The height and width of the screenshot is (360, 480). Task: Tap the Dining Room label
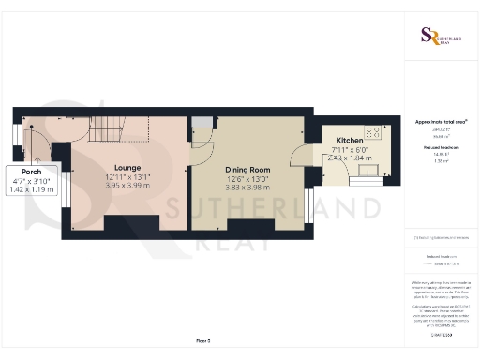(248, 169)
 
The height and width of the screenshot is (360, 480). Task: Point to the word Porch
(32, 172)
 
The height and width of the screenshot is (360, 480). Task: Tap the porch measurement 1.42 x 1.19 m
(32, 189)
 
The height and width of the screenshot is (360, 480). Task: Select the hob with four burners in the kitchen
(372, 132)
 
